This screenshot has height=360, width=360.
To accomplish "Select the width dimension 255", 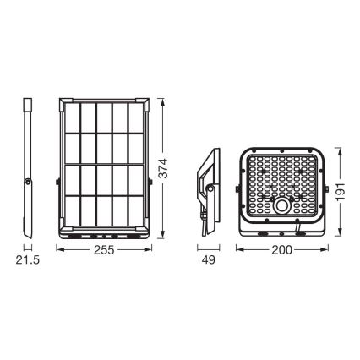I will pos(104,249).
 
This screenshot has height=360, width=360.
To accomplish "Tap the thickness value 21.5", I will pos(29,262).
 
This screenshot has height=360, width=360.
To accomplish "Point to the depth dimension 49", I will pos(205,262).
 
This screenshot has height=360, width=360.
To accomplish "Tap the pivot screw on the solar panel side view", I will pos(29,180).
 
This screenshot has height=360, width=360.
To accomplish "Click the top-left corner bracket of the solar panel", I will pos(63,104).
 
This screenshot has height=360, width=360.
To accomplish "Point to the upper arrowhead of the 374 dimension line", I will pos(159,101).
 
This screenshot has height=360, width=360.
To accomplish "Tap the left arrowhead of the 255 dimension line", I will pos(59,249).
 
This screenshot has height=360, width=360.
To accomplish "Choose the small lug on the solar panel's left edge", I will pos(57,179).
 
